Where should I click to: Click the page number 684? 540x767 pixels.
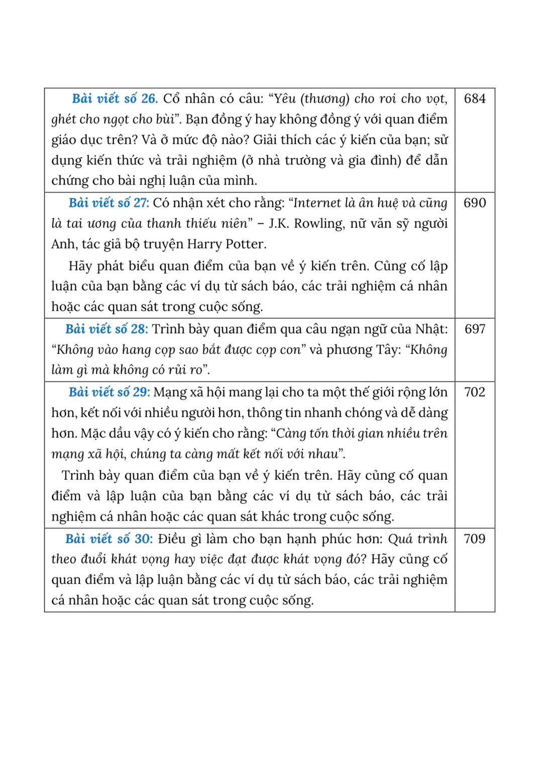coord(475,99)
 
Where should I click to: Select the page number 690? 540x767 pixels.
coord(475,203)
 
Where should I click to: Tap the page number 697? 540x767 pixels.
coord(475,329)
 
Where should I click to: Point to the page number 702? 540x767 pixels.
coord(475,392)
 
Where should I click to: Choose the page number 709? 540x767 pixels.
coord(475,539)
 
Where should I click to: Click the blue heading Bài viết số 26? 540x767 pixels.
coord(115,99)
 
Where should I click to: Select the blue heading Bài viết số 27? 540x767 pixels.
coord(109,203)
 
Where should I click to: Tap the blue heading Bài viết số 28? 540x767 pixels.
coord(106,329)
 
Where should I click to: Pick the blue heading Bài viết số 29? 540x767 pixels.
coord(109,392)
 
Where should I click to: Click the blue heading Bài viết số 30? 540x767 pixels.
coord(109,539)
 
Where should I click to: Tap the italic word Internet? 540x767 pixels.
coord(317,203)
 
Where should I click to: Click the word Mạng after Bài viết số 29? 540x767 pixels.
coord(170,392)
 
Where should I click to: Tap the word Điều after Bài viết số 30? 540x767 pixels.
coord(172,539)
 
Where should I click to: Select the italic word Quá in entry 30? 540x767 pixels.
coord(400,539)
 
